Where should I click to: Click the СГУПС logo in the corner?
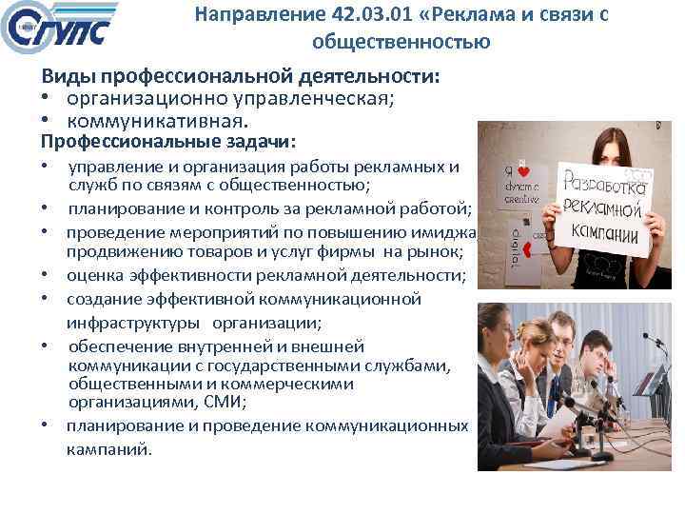tap(59, 29)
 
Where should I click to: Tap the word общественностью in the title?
tap(401, 42)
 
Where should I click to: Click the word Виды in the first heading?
tap(68, 77)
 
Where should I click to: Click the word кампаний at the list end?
tap(108, 448)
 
